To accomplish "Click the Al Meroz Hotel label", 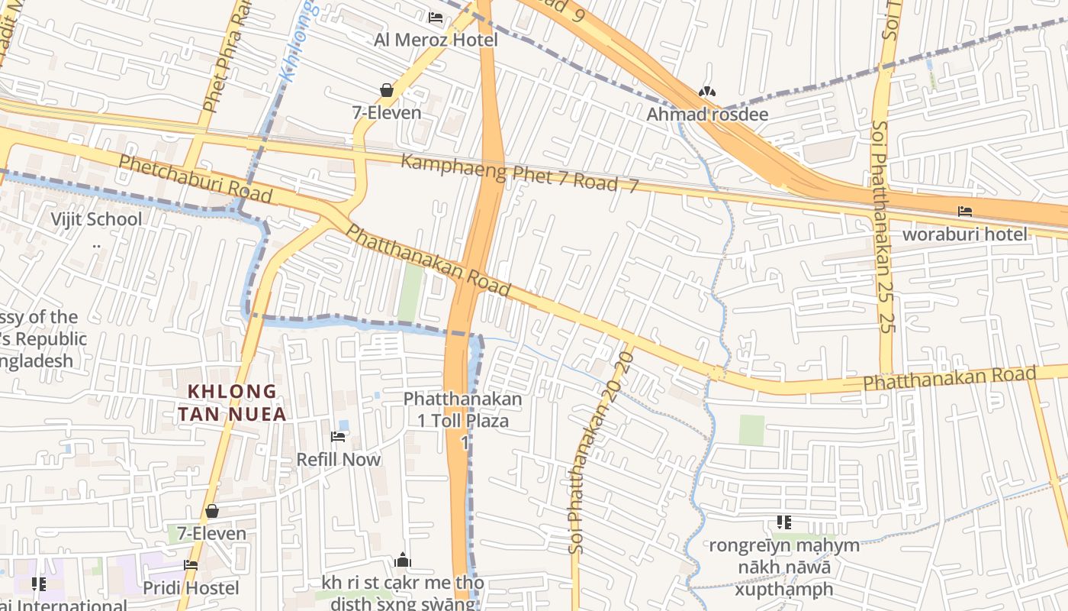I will pyautogui.click(x=436, y=40).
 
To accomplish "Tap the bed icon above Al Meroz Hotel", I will pyautogui.click(x=436, y=17).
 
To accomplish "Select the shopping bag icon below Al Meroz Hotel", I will pyautogui.click(x=387, y=90).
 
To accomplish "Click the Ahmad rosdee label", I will pyautogui.click(x=707, y=115).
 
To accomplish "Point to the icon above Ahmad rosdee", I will pyautogui.click(x=707, y=92).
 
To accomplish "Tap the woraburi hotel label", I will pyautogui.click(x=965, y=234).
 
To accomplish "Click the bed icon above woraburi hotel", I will pyautogui.click(x=965, y=212).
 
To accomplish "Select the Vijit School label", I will pyautogui.click(x=96, y=220).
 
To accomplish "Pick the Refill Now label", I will pyautogui.click(x=338, y=460).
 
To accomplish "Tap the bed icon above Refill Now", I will pyautogui.click(x=338, y=437).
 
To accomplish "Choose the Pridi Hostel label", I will pyautogui.click(x=191, y=588).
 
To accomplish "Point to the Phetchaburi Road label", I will pyautogui.click(x=195, y=179).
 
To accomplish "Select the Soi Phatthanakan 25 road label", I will pyautogui.click(x=883, y=225).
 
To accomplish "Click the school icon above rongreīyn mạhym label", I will pyautogui.click(x=783, y=522).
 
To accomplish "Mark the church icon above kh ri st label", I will pyautogui.click(x=403, y=561).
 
